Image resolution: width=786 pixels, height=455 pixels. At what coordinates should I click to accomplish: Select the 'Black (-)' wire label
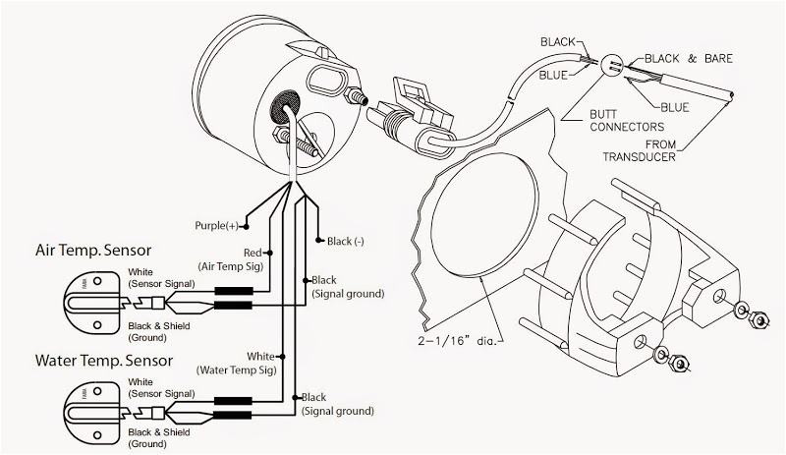(x=346, y=241)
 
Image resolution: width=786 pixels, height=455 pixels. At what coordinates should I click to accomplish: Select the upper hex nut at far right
(x=758, y=316)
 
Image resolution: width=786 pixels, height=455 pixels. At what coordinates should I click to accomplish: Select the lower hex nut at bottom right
(x=679, y=366)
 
